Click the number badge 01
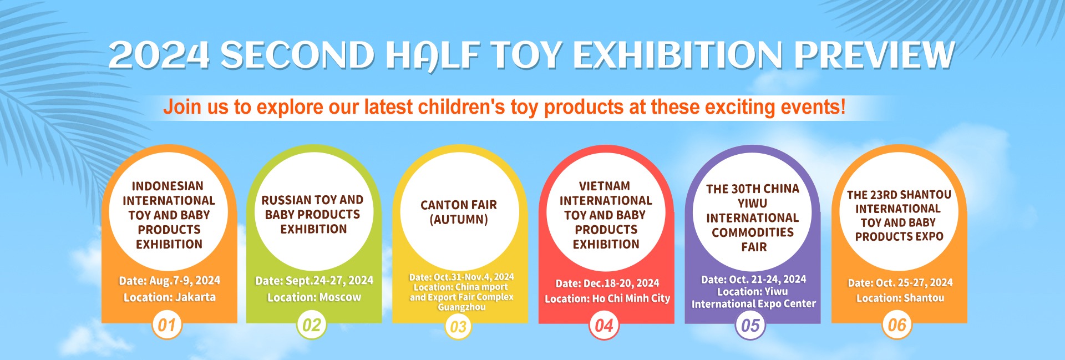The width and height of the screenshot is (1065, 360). coord(167,324)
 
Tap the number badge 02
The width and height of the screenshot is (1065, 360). coord(312,324)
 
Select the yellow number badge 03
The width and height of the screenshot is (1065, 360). coord(458,326)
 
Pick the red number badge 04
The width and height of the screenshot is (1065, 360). coord(604,325)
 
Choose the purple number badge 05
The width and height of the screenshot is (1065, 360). coord(750,325)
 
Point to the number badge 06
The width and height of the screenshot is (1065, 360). coord(897,324)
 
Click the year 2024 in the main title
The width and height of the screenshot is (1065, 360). coord(159,55)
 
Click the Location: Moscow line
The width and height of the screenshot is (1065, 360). coord(314,297)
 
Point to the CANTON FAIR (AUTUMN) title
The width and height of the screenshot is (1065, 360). coord(459,212)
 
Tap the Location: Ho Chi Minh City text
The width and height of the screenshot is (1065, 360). coord(607,298)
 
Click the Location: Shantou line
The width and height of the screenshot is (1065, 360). coord(900,298)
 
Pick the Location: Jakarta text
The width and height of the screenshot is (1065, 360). coord(169,297)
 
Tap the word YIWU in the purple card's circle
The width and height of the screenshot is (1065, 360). coord(753,204)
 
